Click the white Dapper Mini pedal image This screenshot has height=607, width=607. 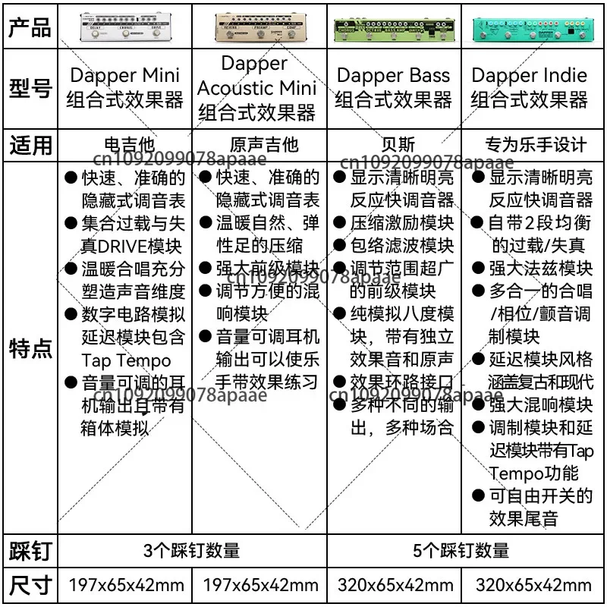[124, 27]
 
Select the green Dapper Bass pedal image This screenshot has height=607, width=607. [394, 26]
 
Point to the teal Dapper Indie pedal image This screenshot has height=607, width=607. [530, 26]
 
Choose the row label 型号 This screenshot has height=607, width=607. [30, 89]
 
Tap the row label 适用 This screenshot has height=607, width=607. [30, 144]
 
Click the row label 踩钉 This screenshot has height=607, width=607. [30, 550]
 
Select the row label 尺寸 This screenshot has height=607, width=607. [30, 585]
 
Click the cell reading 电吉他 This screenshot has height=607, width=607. [126, 144]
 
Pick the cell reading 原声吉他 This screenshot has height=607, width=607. [260, 144]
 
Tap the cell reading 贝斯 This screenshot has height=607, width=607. [394, 144]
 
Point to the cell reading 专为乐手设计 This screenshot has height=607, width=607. [535, 144]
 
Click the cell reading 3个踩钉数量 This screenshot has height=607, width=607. [191, 550]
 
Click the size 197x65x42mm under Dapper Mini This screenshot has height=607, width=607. [126, 585]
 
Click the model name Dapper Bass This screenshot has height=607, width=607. [393, 76]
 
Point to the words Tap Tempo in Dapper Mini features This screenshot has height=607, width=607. [127, 360]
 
